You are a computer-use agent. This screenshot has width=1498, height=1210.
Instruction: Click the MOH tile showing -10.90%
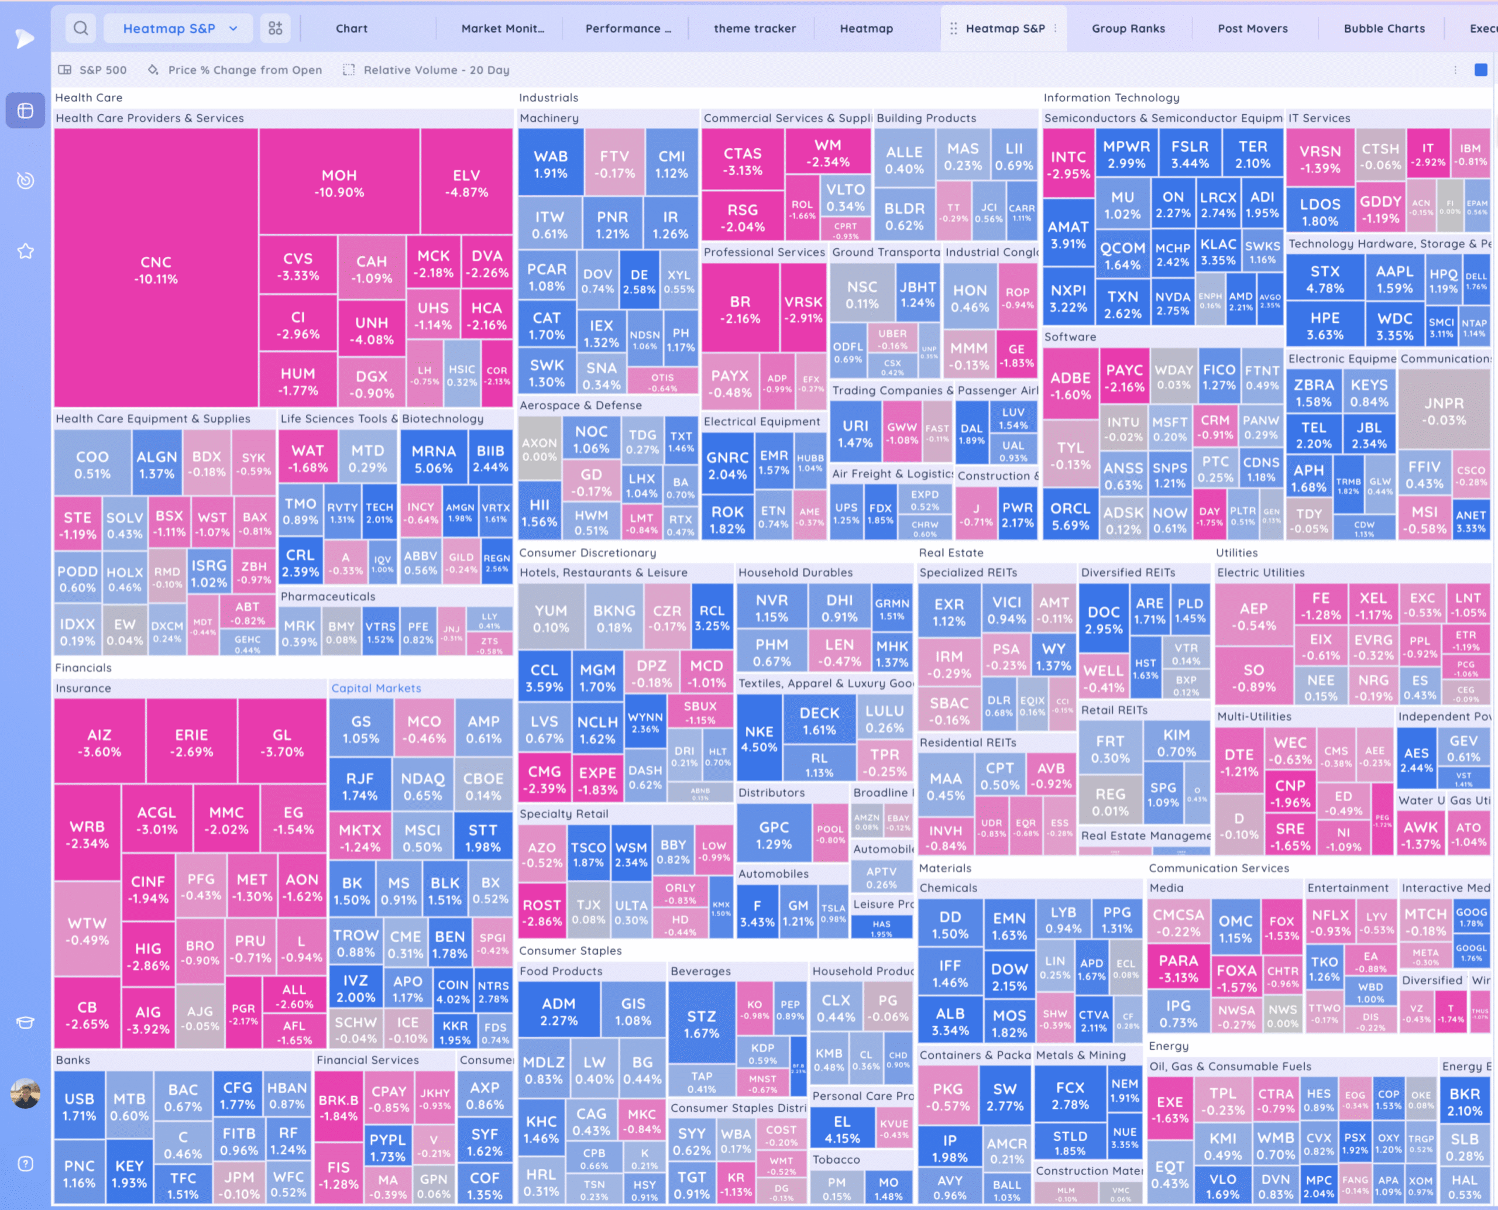[x=339, y=183]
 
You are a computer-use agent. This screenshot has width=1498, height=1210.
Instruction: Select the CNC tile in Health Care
[x=156, y=269]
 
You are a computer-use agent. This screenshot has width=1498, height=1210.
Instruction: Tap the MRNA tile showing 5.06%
[x=433, y=459]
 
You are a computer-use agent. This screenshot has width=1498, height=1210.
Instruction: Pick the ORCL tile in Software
[x=1070, y=516]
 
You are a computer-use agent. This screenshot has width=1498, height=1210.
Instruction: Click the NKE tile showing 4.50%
[x=758, y=738]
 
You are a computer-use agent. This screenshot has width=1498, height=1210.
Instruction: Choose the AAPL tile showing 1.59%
[x=1394, y=279]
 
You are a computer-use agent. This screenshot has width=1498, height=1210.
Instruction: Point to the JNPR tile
[x=1444, y=411]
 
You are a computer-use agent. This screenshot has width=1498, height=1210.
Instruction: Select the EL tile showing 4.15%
[x=841, y=1129]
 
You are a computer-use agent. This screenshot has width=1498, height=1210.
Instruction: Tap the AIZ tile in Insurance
[x=99, y=742]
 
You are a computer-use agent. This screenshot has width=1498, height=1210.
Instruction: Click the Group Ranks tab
[x=1128, y=29]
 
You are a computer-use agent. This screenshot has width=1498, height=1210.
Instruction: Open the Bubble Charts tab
[x=1384, y=29]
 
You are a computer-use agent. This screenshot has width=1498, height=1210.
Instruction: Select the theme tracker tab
[x=754, y=29]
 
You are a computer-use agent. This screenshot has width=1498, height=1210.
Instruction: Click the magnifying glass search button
[x=81, y=29]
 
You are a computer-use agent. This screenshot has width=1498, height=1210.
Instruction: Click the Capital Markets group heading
[x=376, y=688]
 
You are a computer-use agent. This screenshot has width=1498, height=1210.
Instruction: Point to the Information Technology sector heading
[x=1111, y=98]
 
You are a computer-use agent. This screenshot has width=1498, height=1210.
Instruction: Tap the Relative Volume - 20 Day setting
[x=436, y=70]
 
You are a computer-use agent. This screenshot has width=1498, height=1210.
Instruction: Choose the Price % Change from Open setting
[x=244, y=70]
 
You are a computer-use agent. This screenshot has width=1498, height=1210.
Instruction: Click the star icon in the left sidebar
[x=25, y=251]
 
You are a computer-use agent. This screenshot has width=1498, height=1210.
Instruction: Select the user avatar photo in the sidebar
[x=25, y=1093]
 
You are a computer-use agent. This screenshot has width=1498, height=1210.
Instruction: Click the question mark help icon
[x=25, y=1163]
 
